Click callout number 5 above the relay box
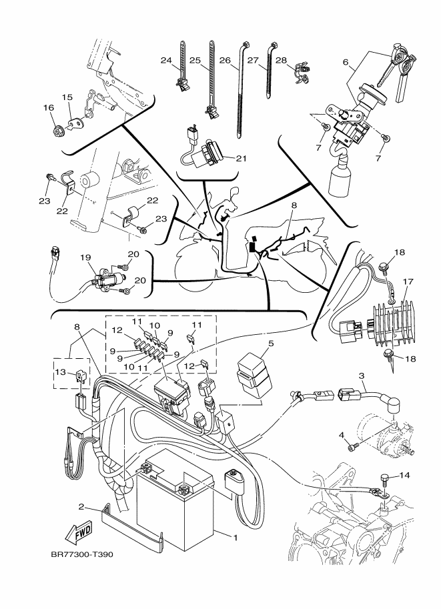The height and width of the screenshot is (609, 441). (271, 344)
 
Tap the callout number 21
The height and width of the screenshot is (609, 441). (241, 158)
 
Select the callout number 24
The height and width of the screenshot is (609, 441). (165, 61)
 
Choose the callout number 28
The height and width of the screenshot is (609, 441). (281, 61)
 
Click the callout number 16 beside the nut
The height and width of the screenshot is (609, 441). (49, 107)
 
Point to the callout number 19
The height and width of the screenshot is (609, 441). (85, 257)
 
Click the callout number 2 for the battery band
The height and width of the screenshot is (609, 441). (81, 506)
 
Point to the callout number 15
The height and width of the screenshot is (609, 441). (67, 97)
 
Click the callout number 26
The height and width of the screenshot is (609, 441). (225, 61)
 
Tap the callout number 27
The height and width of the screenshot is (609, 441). (253, 61)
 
